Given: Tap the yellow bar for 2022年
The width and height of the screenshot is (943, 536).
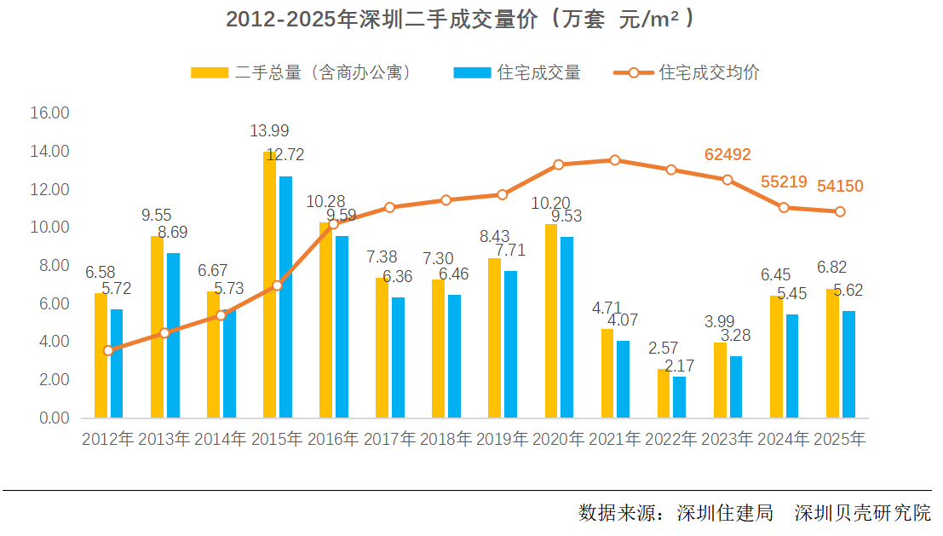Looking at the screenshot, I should [x=663, y=394].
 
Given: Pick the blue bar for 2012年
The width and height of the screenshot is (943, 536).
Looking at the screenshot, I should [x=117, y=364].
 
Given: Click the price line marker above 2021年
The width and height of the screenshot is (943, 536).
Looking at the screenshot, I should [x=615, y=160].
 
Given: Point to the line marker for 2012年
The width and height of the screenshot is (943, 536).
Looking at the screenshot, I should [x=108, y=350].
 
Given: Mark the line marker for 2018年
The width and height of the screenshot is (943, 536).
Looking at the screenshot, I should [x=446, y=199].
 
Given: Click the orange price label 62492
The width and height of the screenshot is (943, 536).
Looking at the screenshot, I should [x=727, y=154].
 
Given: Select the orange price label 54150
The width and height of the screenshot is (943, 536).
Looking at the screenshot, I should [x=841, y=186].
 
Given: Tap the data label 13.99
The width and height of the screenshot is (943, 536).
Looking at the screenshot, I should [x=269, y=131].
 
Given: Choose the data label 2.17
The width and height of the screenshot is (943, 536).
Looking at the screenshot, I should [x=679, y=365].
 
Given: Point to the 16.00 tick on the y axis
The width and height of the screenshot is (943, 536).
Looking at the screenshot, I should [x=49, y=112].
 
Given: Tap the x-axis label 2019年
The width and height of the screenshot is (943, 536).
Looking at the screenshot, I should [x=502, y=440].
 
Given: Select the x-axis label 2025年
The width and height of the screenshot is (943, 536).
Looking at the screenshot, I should [x=840, y=440].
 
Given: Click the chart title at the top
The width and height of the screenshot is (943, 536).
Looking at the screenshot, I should [x=460, y=20].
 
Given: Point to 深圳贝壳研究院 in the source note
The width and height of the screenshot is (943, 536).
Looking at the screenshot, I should [x=862, y=513].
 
